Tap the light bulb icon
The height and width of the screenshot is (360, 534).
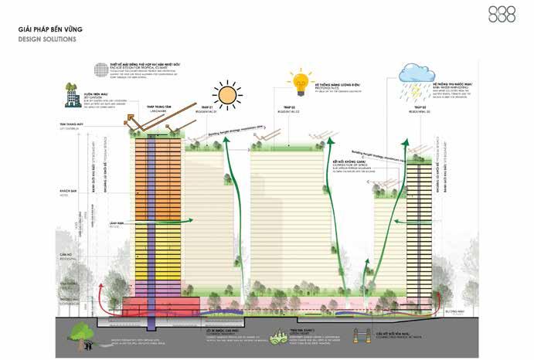[x=300, y=80]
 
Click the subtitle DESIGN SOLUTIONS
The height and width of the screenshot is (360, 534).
[x=48, y=38]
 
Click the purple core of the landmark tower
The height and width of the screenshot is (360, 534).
[x=152, y=224]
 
